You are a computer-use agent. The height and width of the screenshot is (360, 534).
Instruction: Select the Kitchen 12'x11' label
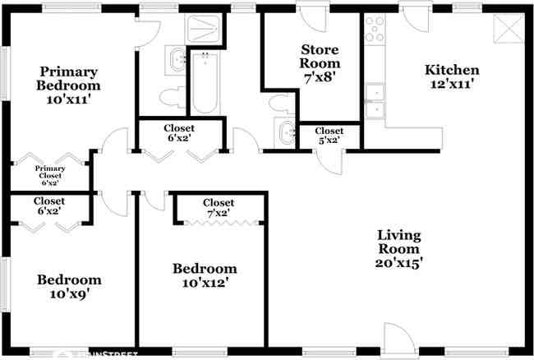point(452,76)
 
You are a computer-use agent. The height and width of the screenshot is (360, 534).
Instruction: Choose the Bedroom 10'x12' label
point(204,275)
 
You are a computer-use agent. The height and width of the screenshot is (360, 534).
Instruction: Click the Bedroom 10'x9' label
point(69,287)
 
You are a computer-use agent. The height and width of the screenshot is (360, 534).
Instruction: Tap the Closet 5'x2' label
point(329,136)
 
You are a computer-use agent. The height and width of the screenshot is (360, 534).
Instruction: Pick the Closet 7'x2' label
point(218,209)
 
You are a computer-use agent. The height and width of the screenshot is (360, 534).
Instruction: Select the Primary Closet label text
point(48,175)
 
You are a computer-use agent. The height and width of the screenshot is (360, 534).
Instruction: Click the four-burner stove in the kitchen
point(375,30)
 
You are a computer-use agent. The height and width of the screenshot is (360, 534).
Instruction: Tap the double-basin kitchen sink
point(375,101)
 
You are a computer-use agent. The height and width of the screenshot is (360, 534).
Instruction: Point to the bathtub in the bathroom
point(205,85)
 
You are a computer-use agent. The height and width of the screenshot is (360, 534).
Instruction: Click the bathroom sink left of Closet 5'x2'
point(287,132)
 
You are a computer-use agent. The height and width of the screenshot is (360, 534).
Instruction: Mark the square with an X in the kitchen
point(509,30)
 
